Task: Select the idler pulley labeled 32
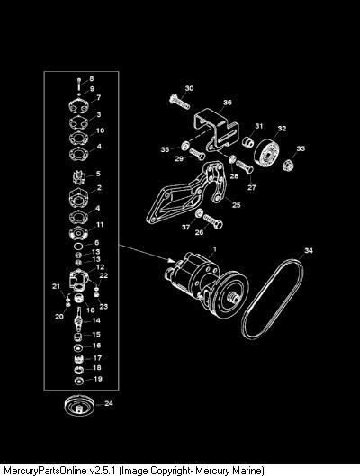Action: pos(267,154)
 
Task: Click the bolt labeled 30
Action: pos(179,102)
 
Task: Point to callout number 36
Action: pos(228,103)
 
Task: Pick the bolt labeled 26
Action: pos(213,220)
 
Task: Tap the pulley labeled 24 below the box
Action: pos(80,406)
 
